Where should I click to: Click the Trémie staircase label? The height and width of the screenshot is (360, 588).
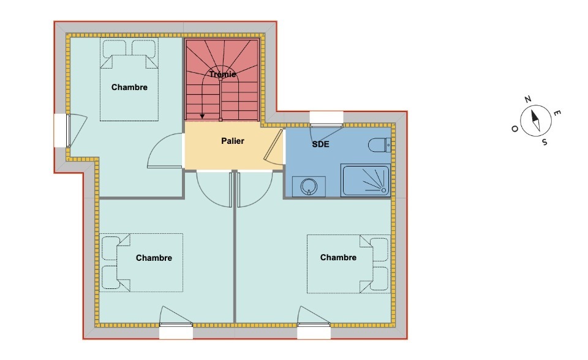pyautogui.click(x=223, y=74)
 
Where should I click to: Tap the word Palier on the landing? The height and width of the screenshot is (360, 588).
pyautogui.click(x=233, y=141)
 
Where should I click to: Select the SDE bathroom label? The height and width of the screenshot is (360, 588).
pyautogui.click(x=320, y=144)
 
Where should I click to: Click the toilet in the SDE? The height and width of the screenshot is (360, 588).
pyautogui.click(x=380, y=145)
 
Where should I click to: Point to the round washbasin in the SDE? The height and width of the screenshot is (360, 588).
pyautogui.click(x=309, y=186)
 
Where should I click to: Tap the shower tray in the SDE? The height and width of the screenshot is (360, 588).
pyautogui.click(x=366, y=180)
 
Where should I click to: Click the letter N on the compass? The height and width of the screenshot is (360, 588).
pyautogui.click(x=527, y=99)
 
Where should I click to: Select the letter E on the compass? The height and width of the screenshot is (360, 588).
pyautogui.click(x=557, y=113)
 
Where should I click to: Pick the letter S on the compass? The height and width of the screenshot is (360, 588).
pyautogui.click(x=545, y=142)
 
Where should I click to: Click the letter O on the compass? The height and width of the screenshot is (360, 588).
pyautogui.click(x=515, y=129)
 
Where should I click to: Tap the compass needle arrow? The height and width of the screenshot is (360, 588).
pyautogui.click(x=536, y=121)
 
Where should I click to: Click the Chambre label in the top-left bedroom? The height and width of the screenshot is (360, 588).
pyautogui.click(x=129, y=88)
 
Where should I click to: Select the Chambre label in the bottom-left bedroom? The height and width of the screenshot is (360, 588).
pyautogui.click(x=154, y=258)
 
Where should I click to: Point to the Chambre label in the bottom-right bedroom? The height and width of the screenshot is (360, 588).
pyautogui.click(x=338, y=257)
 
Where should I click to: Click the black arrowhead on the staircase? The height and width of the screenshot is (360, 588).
pyautogui.click(x=202, y=116)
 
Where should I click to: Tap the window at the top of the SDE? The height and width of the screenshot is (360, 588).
pyautogui.click(x=326, y=118)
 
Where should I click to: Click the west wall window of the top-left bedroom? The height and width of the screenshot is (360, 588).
pyautogui.click(x=61, y=130)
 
